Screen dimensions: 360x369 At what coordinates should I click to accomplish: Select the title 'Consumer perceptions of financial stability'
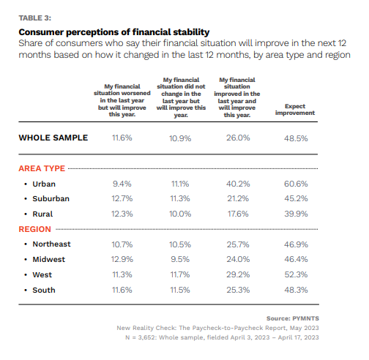113,32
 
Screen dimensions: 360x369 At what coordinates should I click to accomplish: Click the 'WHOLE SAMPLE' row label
53,138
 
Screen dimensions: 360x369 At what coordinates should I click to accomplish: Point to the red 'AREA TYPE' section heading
42,168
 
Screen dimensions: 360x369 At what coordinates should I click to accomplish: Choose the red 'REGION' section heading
34,228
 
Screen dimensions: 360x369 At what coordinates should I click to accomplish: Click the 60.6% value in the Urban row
297,183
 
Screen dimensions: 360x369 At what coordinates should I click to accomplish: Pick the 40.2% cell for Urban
239,183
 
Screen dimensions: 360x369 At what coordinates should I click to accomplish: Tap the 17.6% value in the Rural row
239,213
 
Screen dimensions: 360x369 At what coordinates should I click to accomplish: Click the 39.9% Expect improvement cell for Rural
297,213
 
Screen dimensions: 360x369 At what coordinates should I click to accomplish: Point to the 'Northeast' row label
51,244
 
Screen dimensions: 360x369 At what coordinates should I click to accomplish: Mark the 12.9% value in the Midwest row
122,259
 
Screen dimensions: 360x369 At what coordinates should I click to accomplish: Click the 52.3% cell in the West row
297,274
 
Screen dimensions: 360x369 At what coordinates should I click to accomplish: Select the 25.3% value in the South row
239,290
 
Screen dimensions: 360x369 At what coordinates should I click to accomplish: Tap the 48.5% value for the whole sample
297,138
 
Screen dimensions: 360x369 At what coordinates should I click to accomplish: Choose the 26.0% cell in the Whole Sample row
239,138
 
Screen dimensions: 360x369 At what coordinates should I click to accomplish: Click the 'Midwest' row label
48,259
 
